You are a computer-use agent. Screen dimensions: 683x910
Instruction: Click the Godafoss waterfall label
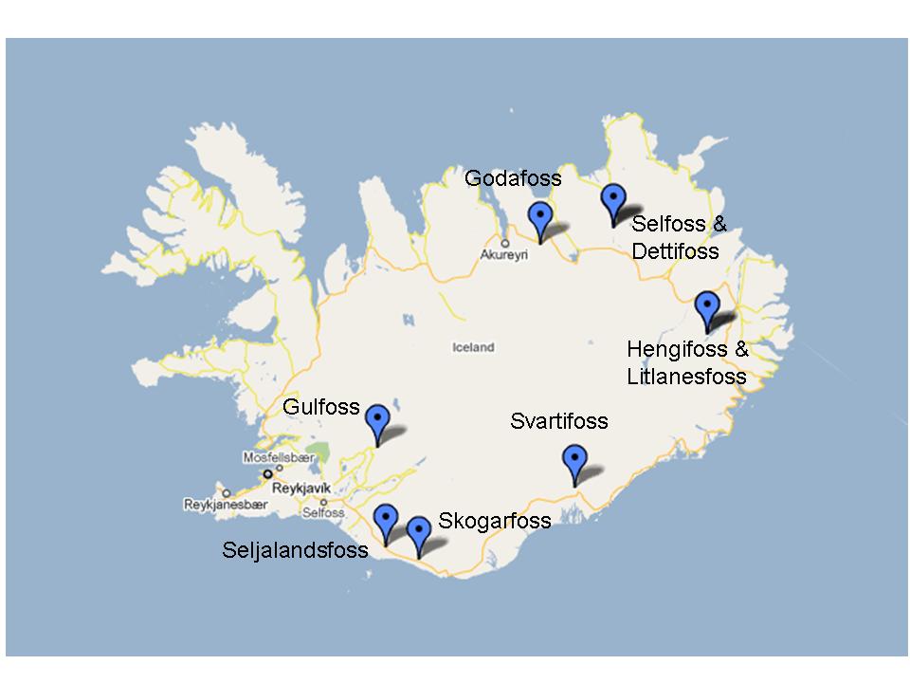tap(513, 178)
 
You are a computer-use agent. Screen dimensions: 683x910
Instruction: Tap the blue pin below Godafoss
tap(539, 218)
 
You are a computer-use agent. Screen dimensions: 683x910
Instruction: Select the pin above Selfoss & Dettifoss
tap(614, 201)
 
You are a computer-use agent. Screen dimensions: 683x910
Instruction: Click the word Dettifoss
tap(676, 252)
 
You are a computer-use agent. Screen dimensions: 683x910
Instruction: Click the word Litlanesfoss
tap(686, 377)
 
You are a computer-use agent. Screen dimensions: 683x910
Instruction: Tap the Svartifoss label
tap(559, 421)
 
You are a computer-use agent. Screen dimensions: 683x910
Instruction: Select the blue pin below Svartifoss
tap(574, 461)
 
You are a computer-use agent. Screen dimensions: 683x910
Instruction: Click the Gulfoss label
tap(322, 407)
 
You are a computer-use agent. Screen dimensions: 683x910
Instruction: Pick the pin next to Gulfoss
tap(377, 421)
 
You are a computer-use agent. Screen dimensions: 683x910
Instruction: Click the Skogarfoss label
tap(494, 521)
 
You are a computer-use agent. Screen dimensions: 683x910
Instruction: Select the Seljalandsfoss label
tap(295, 549)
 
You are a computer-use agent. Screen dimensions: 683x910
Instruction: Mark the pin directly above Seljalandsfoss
tap(385, 521)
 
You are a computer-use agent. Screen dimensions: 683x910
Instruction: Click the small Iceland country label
tap(473, 348)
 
